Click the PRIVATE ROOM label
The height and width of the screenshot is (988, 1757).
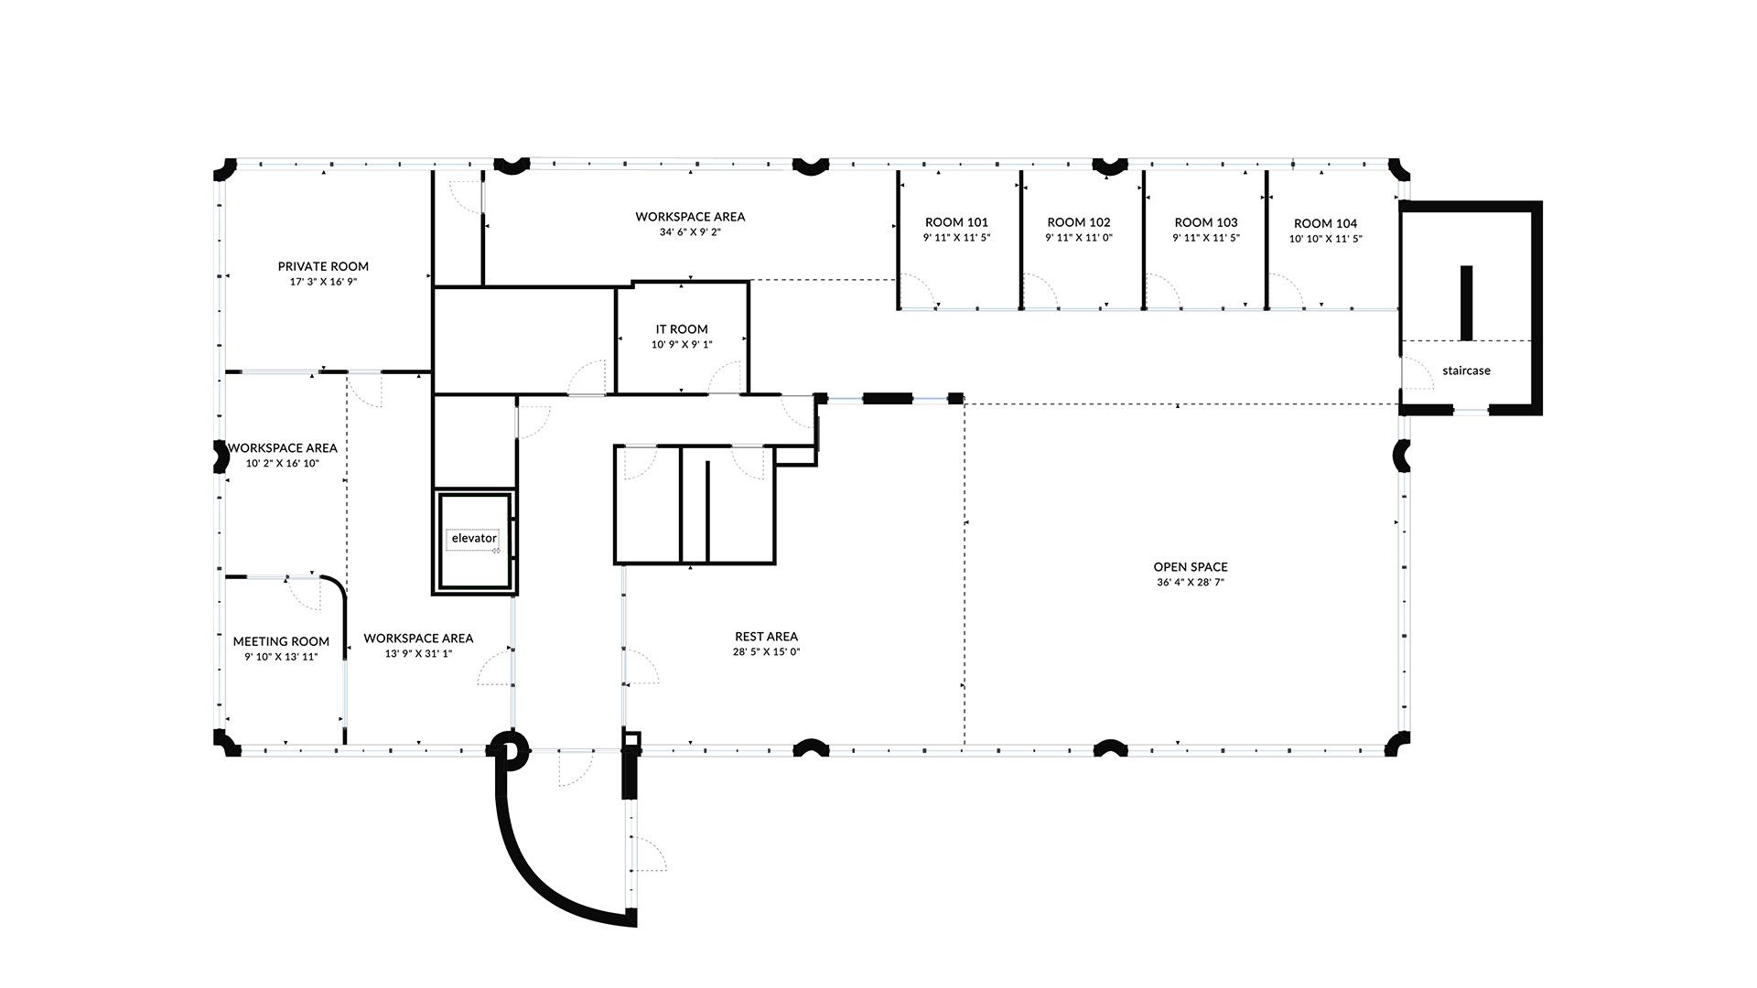(323, 266)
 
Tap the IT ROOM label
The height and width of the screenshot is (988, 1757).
(682, 329)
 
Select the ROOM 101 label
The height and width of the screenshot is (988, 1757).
(956, 222)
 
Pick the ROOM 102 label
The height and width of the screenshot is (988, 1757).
(1079, 222)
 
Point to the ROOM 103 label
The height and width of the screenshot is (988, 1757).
(1206, 222)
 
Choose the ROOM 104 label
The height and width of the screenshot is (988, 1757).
(1326, 223)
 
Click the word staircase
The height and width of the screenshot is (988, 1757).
(1466, 370)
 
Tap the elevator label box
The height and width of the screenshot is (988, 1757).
(474, 539)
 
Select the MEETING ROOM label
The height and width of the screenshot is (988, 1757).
(281, 641)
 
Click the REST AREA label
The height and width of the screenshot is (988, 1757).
(766, 637)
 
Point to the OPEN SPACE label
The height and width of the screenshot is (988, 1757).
(1191, 567)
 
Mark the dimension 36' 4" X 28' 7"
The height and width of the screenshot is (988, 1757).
(1191, 583)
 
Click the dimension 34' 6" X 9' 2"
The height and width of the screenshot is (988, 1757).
(690, 232)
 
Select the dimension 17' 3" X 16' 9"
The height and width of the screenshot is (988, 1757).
(323, 282)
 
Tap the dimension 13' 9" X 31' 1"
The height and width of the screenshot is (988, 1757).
(418, 654)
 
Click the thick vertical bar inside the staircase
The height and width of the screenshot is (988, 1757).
(1466, 303)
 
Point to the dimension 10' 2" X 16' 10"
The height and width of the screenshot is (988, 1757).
(283, 464)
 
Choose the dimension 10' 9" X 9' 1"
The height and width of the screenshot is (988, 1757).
(682, 345)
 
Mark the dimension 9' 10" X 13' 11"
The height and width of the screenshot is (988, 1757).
(281, 657)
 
